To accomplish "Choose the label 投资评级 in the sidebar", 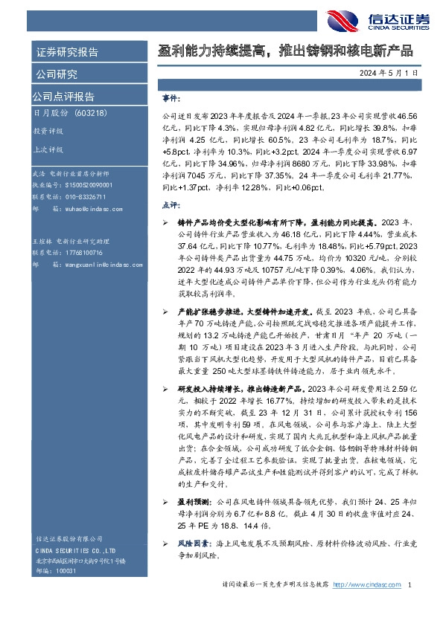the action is [x=48, y=130].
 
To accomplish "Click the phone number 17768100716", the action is [x=83, y=253].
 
